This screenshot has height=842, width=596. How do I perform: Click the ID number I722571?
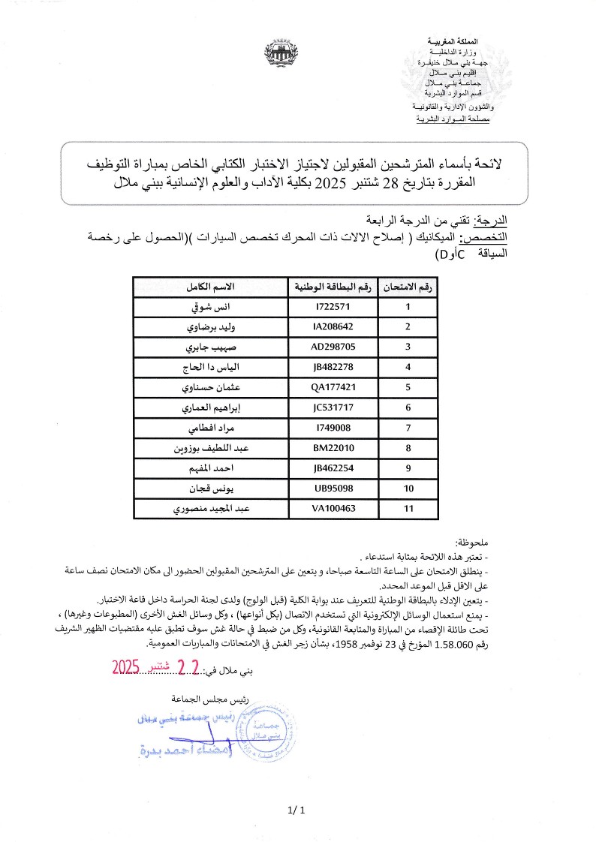click(333, 307)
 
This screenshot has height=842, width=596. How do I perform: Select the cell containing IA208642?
click(333, 327)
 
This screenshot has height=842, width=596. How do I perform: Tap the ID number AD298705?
click(333, 347)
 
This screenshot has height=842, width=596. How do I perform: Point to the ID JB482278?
click(333, 368)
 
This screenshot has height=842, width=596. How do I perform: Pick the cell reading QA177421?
click(333, 388)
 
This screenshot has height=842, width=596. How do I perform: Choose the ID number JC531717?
click(333, 408)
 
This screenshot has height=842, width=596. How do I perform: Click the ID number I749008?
click(333, 429)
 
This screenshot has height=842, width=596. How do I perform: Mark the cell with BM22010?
click(333, 449)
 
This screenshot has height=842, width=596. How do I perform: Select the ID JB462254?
click(333, 469)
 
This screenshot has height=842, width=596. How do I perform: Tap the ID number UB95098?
click(333, 489)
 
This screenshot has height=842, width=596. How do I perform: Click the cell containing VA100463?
click(333, 509)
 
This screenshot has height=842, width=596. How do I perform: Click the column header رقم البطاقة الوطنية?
click(333, 287)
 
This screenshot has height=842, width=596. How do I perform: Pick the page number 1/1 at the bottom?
click(297, 810)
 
